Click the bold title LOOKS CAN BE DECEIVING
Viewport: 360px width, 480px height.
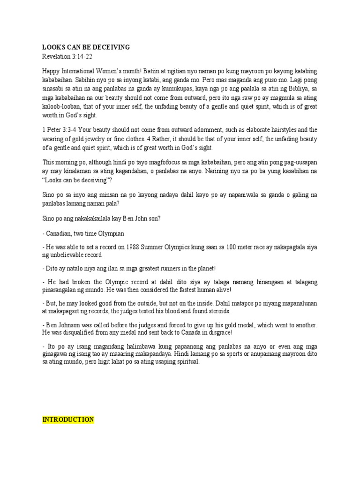click(86, 47)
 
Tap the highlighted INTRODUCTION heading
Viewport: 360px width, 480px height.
click(68, 420)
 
